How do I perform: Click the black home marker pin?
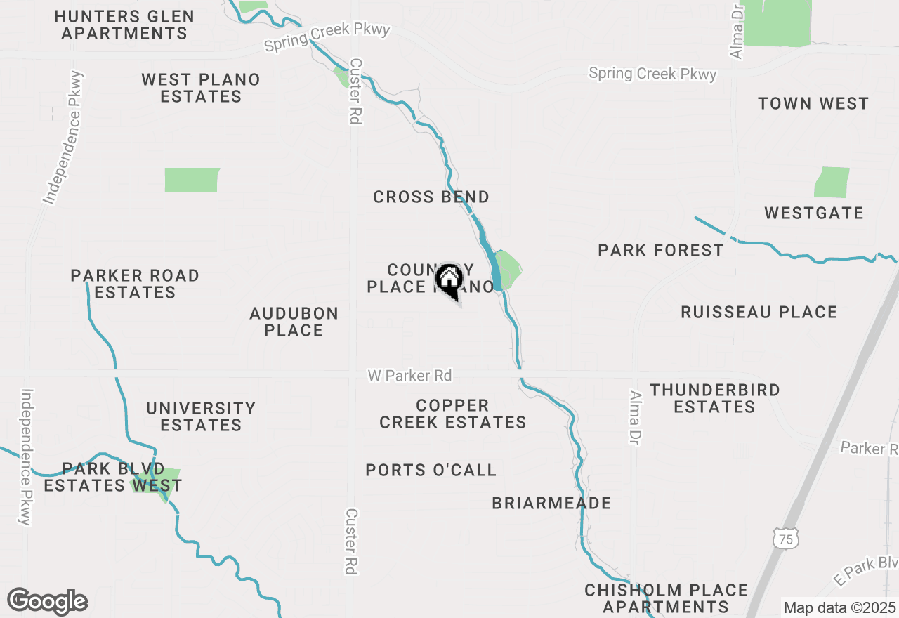[x=449, y=280]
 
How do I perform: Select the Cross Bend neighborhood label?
[x=431, y=197]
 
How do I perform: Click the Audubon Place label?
[x=294, y=322]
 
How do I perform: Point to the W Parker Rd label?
[x=409, y=376]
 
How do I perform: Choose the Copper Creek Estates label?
[x=453, y=414]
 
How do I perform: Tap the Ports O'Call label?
[x=431, y=471]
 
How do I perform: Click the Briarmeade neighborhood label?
[x=551, y=504]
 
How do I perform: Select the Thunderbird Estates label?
[x=714, y=398]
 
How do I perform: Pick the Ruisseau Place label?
[x=759, y=313]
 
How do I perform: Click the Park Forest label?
[x=661, y=251]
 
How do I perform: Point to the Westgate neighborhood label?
[x=814, y=213]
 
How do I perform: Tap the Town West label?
[x=813, y=104]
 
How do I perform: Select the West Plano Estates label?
[x=201, y=88]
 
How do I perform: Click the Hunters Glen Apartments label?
[x=124, y=25]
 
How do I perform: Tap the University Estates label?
[x=201, y=416]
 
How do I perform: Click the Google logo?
[x=48, y=602]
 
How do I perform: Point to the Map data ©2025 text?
[x=839, y=608]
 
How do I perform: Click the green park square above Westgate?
[x=832, y=183]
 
